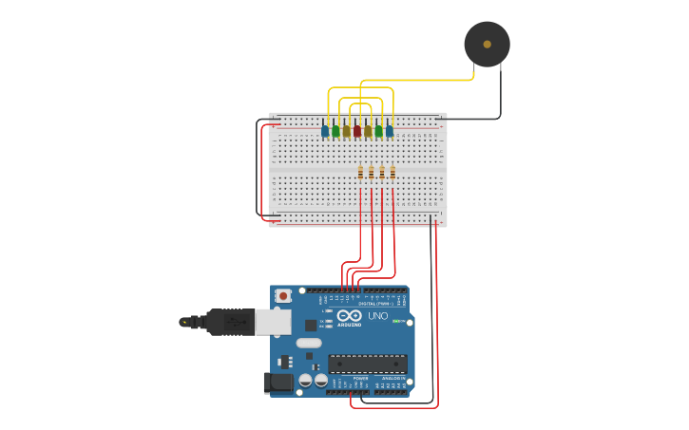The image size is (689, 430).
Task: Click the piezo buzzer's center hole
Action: tap(487, 45)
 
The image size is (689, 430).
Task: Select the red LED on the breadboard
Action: tap(357, 131)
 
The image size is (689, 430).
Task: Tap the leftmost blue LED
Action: tap(325, 131)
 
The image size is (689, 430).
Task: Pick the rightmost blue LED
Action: tap(389, 131)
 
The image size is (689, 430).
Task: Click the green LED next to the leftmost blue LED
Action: tap(335, 131)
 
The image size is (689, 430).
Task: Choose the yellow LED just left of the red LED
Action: tap(347, 131)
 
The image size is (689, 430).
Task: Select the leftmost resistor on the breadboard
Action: tap(360, 172)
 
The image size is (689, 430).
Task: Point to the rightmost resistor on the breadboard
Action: tap(392, 172)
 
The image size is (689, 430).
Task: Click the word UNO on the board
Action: tap(377, 315)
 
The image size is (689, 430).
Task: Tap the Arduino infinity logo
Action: tap(349, 316)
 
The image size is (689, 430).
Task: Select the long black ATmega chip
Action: tap(368, 363)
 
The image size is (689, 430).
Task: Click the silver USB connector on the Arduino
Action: tap(273, 323)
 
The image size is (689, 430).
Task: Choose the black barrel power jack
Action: tap(278, 382)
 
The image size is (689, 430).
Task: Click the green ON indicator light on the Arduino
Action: tap(396, 321)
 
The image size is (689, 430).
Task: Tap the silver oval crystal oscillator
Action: tap(309, 343)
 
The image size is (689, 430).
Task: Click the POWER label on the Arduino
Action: tap(360, 378)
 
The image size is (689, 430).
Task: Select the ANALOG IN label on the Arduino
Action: tap(392, 378)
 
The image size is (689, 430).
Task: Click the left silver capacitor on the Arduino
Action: tap(305, 381)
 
